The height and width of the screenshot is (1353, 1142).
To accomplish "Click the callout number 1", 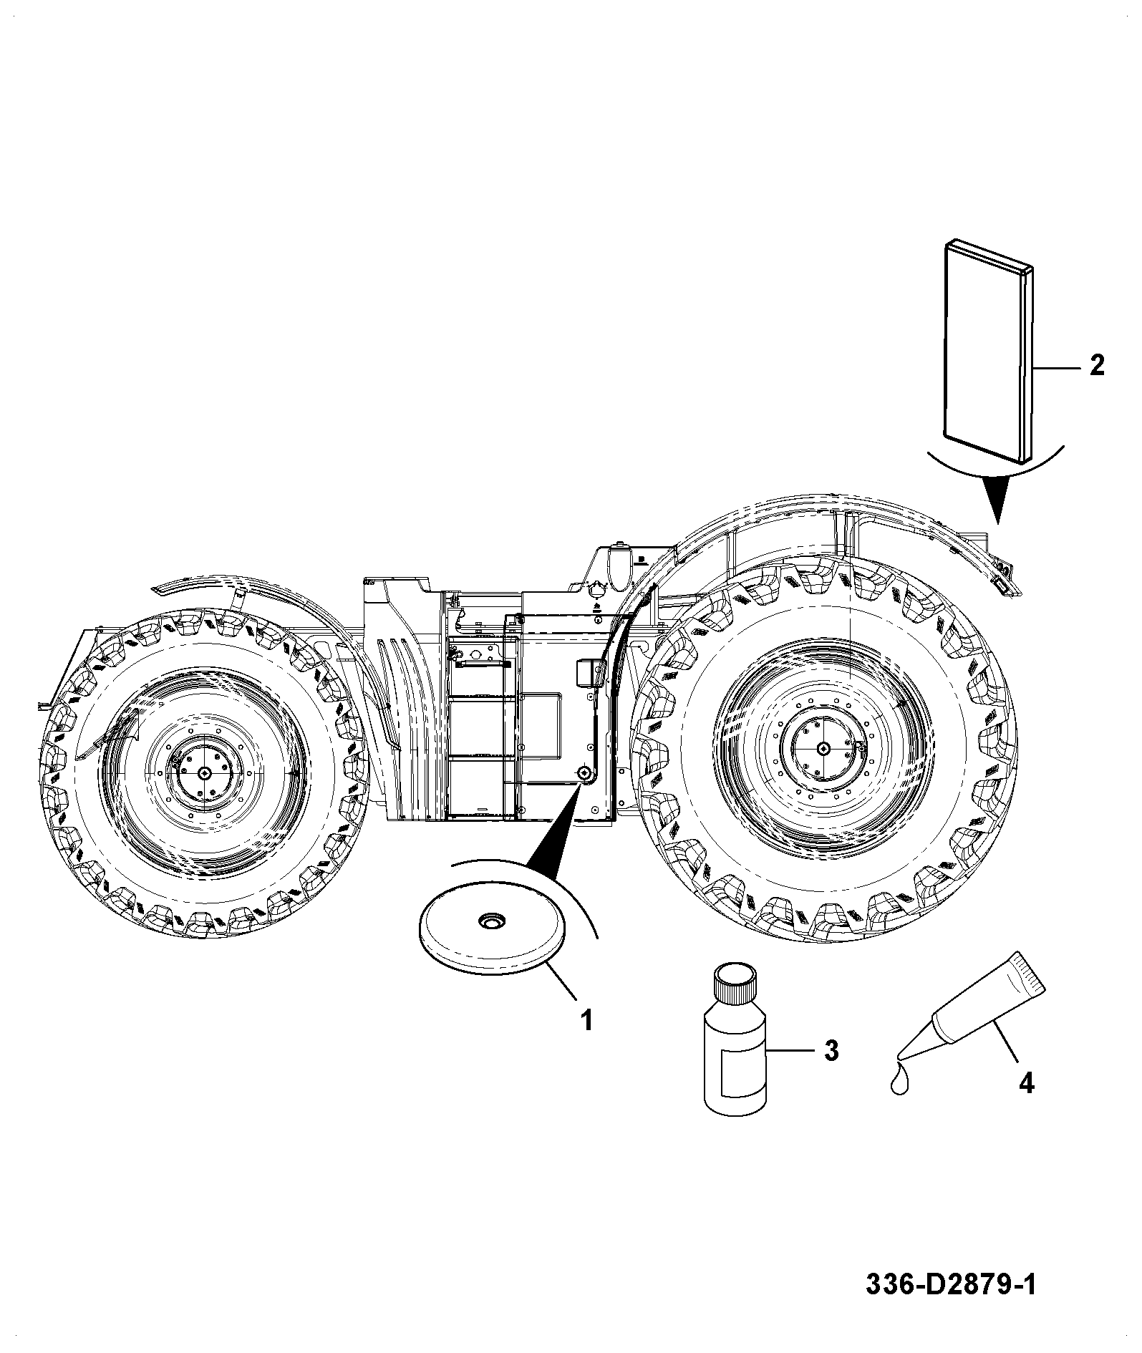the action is [x=586, y=1019].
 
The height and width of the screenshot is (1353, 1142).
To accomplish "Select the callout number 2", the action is [x=1097, y=366].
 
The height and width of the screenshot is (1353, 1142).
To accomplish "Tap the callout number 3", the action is [x=831, y=1051].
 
